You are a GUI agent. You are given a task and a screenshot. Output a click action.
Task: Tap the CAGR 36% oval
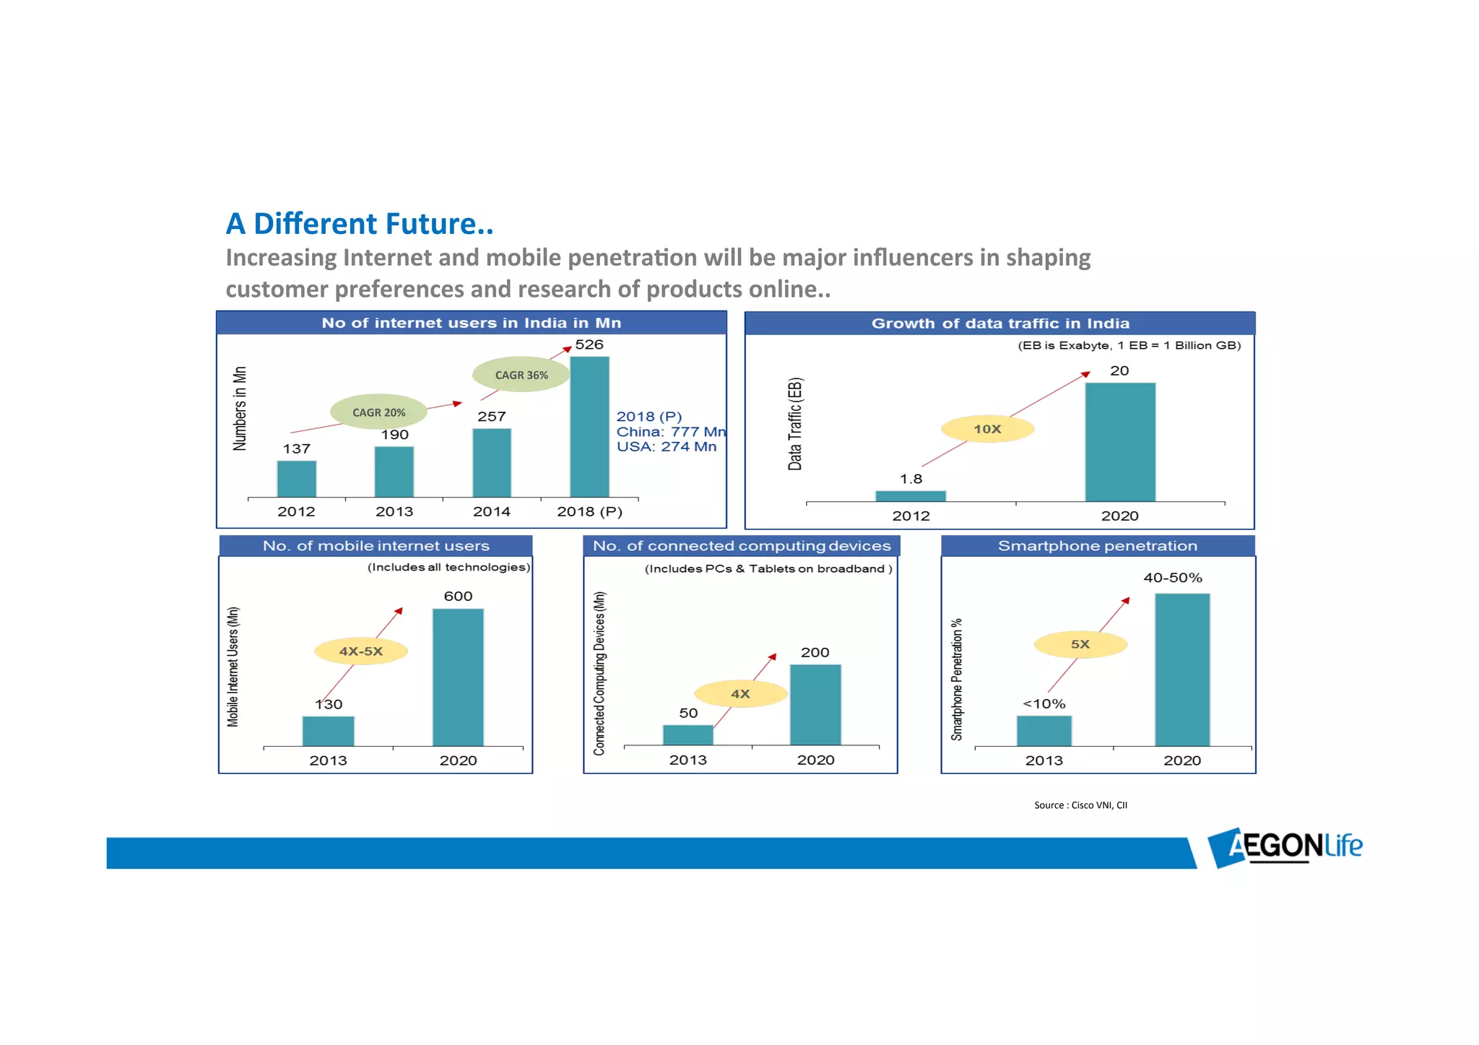[x=521, y=375]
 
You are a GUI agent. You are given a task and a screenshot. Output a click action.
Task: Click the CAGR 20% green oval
[x=378, y=412]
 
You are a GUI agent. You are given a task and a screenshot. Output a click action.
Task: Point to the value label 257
[x=492, y=417]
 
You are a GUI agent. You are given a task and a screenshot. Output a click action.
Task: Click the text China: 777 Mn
[x=671, y=432]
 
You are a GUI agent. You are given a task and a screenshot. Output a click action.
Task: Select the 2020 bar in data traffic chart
[x=1119, y=442]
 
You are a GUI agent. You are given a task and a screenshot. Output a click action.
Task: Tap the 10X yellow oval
[x=987, y=429]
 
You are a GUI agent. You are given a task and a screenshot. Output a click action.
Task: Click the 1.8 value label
[x=911, y=479]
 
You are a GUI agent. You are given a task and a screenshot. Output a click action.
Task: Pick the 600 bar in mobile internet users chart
[x=458, y=677]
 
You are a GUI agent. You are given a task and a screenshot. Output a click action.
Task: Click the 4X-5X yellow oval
[x=361, y=651]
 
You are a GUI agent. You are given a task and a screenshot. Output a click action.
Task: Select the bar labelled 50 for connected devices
[x=688, y=734]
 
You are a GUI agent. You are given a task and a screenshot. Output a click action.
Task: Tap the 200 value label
[x=815, y=653]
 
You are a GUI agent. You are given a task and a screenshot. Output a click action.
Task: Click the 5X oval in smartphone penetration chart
[x=1080, y=644]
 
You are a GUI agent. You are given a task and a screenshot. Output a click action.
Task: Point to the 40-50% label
[x=1172, y=578]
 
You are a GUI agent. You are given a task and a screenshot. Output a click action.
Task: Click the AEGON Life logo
[x=1285, y=846]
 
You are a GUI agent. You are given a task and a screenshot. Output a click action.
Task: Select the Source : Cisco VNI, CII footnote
[x=1080, y=805]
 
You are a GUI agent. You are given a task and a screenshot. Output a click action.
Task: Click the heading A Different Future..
[x=360, y=224]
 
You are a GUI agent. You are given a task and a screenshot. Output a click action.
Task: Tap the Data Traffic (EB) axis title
[x=795, y=424]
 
